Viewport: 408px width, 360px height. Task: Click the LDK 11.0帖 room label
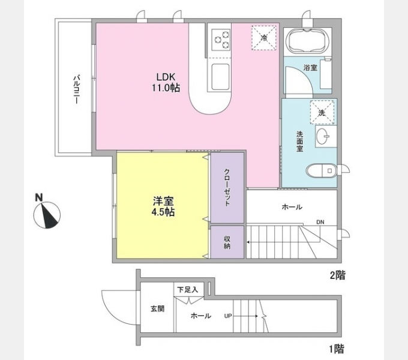[x=166, y=82]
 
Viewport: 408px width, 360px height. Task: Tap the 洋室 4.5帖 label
[x=163, y=206]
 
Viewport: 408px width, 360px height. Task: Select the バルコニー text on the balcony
[x=76, y=89]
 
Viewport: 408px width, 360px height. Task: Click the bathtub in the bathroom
[x=307, y=41]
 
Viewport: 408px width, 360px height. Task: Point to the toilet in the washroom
[x=321, y=171]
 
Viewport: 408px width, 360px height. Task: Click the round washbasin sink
[x=323, y=136]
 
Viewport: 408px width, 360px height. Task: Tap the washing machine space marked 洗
[x=322, y=113]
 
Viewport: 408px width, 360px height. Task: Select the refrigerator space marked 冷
[x=264, y=37]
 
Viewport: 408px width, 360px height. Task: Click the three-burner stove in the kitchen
[x=221, y=40]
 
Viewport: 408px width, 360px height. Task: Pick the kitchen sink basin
[x=220, y=77]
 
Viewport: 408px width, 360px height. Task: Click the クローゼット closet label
[x=227, y=187]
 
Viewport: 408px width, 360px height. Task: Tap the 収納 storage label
[x=227, y=242]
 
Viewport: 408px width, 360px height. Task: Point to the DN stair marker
[x=320, y=222]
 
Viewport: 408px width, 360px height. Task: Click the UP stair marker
[x=228, y=316]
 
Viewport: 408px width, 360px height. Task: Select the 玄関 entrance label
[x=157, y=309]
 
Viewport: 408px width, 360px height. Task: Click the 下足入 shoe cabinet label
[x=187, y=290]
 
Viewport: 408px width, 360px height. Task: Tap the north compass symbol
[x=47, y=212]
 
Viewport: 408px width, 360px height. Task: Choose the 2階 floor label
[x=337, y=275]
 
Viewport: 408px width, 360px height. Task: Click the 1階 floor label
[x=337, y=349]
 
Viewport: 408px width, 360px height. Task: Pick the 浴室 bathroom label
[x=310, y=68]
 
